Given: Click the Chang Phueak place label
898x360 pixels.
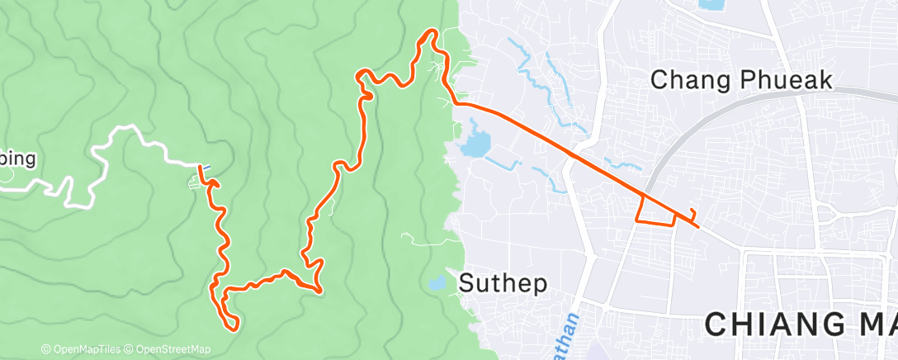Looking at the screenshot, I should point(740,80).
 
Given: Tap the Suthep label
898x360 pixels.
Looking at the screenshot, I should point(503,283).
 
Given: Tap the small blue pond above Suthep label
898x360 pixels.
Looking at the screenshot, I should point(436,283).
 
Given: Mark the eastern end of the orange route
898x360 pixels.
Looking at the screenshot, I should point(698,225).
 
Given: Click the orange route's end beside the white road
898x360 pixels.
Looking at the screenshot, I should point(200,168).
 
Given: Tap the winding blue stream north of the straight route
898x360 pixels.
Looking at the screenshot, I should point(536,78).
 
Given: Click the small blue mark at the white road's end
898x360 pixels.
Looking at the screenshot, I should point(206,166).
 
